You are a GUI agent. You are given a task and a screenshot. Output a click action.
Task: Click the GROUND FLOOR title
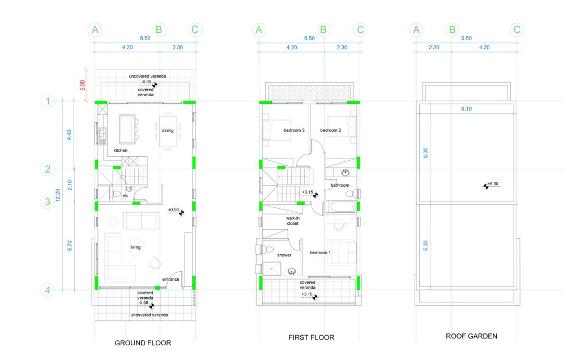143,342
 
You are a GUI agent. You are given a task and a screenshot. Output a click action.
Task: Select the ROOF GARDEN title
471,336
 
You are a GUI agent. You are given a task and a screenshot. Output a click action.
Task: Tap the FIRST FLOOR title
311,337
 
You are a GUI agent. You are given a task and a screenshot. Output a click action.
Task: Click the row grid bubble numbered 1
48,101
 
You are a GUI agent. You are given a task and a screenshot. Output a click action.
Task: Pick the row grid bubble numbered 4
48,290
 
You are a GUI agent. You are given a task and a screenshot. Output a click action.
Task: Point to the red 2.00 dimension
83,85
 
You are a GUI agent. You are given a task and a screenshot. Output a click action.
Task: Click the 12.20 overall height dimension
58,195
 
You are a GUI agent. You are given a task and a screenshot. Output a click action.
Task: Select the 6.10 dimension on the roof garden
467,109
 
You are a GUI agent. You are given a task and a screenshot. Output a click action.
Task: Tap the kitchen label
121,151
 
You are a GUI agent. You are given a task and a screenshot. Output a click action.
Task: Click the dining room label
168,131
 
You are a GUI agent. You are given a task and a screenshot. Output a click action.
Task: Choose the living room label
135,247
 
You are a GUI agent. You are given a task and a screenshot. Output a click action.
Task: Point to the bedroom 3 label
294,130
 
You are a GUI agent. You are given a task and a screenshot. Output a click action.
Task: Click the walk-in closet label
292,221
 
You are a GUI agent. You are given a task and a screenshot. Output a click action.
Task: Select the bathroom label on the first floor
340,185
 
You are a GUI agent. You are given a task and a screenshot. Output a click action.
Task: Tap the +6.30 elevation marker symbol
486,186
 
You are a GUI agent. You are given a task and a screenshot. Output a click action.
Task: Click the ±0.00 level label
173,209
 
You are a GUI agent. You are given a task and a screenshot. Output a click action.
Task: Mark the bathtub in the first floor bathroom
342,207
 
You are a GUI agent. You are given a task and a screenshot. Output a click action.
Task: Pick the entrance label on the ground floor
170,279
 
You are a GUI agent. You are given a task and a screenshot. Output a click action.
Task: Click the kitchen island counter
127,130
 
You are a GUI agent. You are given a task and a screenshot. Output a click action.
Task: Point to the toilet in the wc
115,195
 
